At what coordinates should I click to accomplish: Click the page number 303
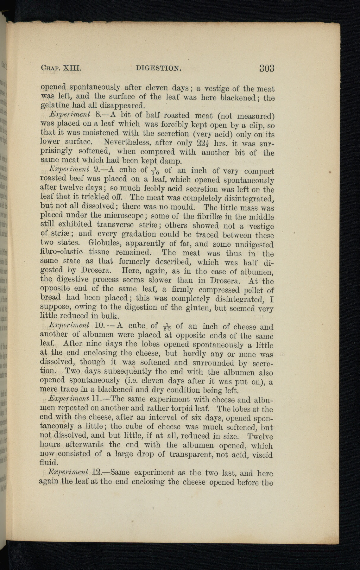(267, 68)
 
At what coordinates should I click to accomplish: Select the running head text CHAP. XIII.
(62, 68)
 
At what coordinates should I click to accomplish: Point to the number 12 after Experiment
(96, 472)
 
